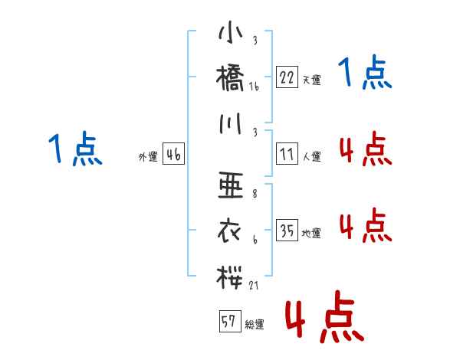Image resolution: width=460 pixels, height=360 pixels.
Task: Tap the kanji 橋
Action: (x=231, y=77)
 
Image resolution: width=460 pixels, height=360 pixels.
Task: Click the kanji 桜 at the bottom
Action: (x=231, y=275)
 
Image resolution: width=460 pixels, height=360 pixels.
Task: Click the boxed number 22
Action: (x=287, y=77)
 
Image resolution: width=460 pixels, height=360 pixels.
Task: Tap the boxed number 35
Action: (x=287, y=231)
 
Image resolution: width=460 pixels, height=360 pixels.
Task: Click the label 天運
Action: (x=311, y=80)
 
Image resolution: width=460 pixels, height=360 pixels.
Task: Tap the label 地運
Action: (x=311, y=234)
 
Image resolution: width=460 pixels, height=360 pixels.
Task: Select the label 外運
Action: (x=148, y=157)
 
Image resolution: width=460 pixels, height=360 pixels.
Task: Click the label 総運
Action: (x=255, y=325)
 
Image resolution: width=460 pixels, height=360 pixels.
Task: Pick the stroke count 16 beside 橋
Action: (x=255, y=87)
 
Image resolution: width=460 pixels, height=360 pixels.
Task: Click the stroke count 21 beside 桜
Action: (x=255, y=285)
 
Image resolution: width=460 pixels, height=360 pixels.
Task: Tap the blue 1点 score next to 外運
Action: (x=74, y=149)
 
